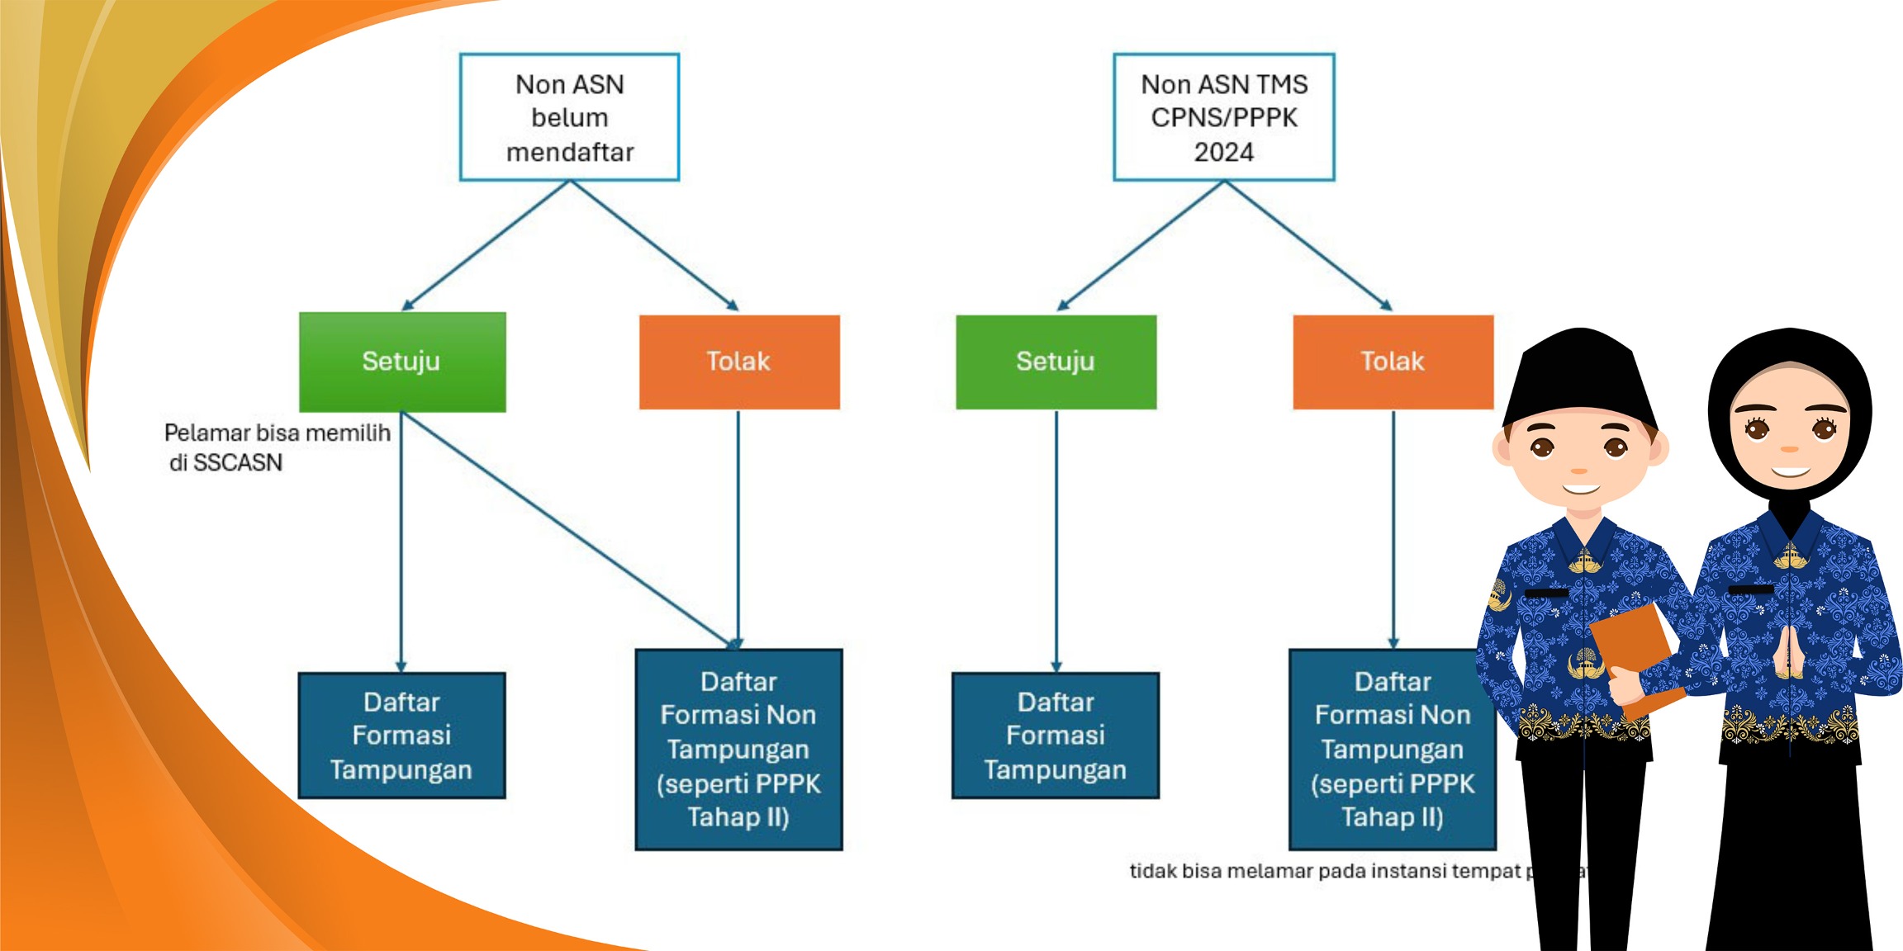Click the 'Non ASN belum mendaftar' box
click(x=569, y=117)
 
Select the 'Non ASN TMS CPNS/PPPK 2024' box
click(x=1223, y=117)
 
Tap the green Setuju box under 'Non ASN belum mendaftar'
click(x=402, y=362)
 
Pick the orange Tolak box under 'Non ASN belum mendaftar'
click(x=739, y=362)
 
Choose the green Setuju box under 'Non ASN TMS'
click(x=1056, y=362)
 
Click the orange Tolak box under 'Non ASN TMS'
click(x=1393, y=362)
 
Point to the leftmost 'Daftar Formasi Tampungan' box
click(x=401, y=736)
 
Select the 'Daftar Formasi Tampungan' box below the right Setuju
click(x=1055, y=736)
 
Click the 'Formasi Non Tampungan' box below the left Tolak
click(x=738, y=749)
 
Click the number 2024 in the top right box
click(x=1223, y=153)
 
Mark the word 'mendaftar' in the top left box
click(x=570, y=153)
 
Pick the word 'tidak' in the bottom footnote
click(x=1152, y=872)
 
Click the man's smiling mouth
click(x=1580, y=490)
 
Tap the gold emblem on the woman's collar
click(x=1790, y=557)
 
